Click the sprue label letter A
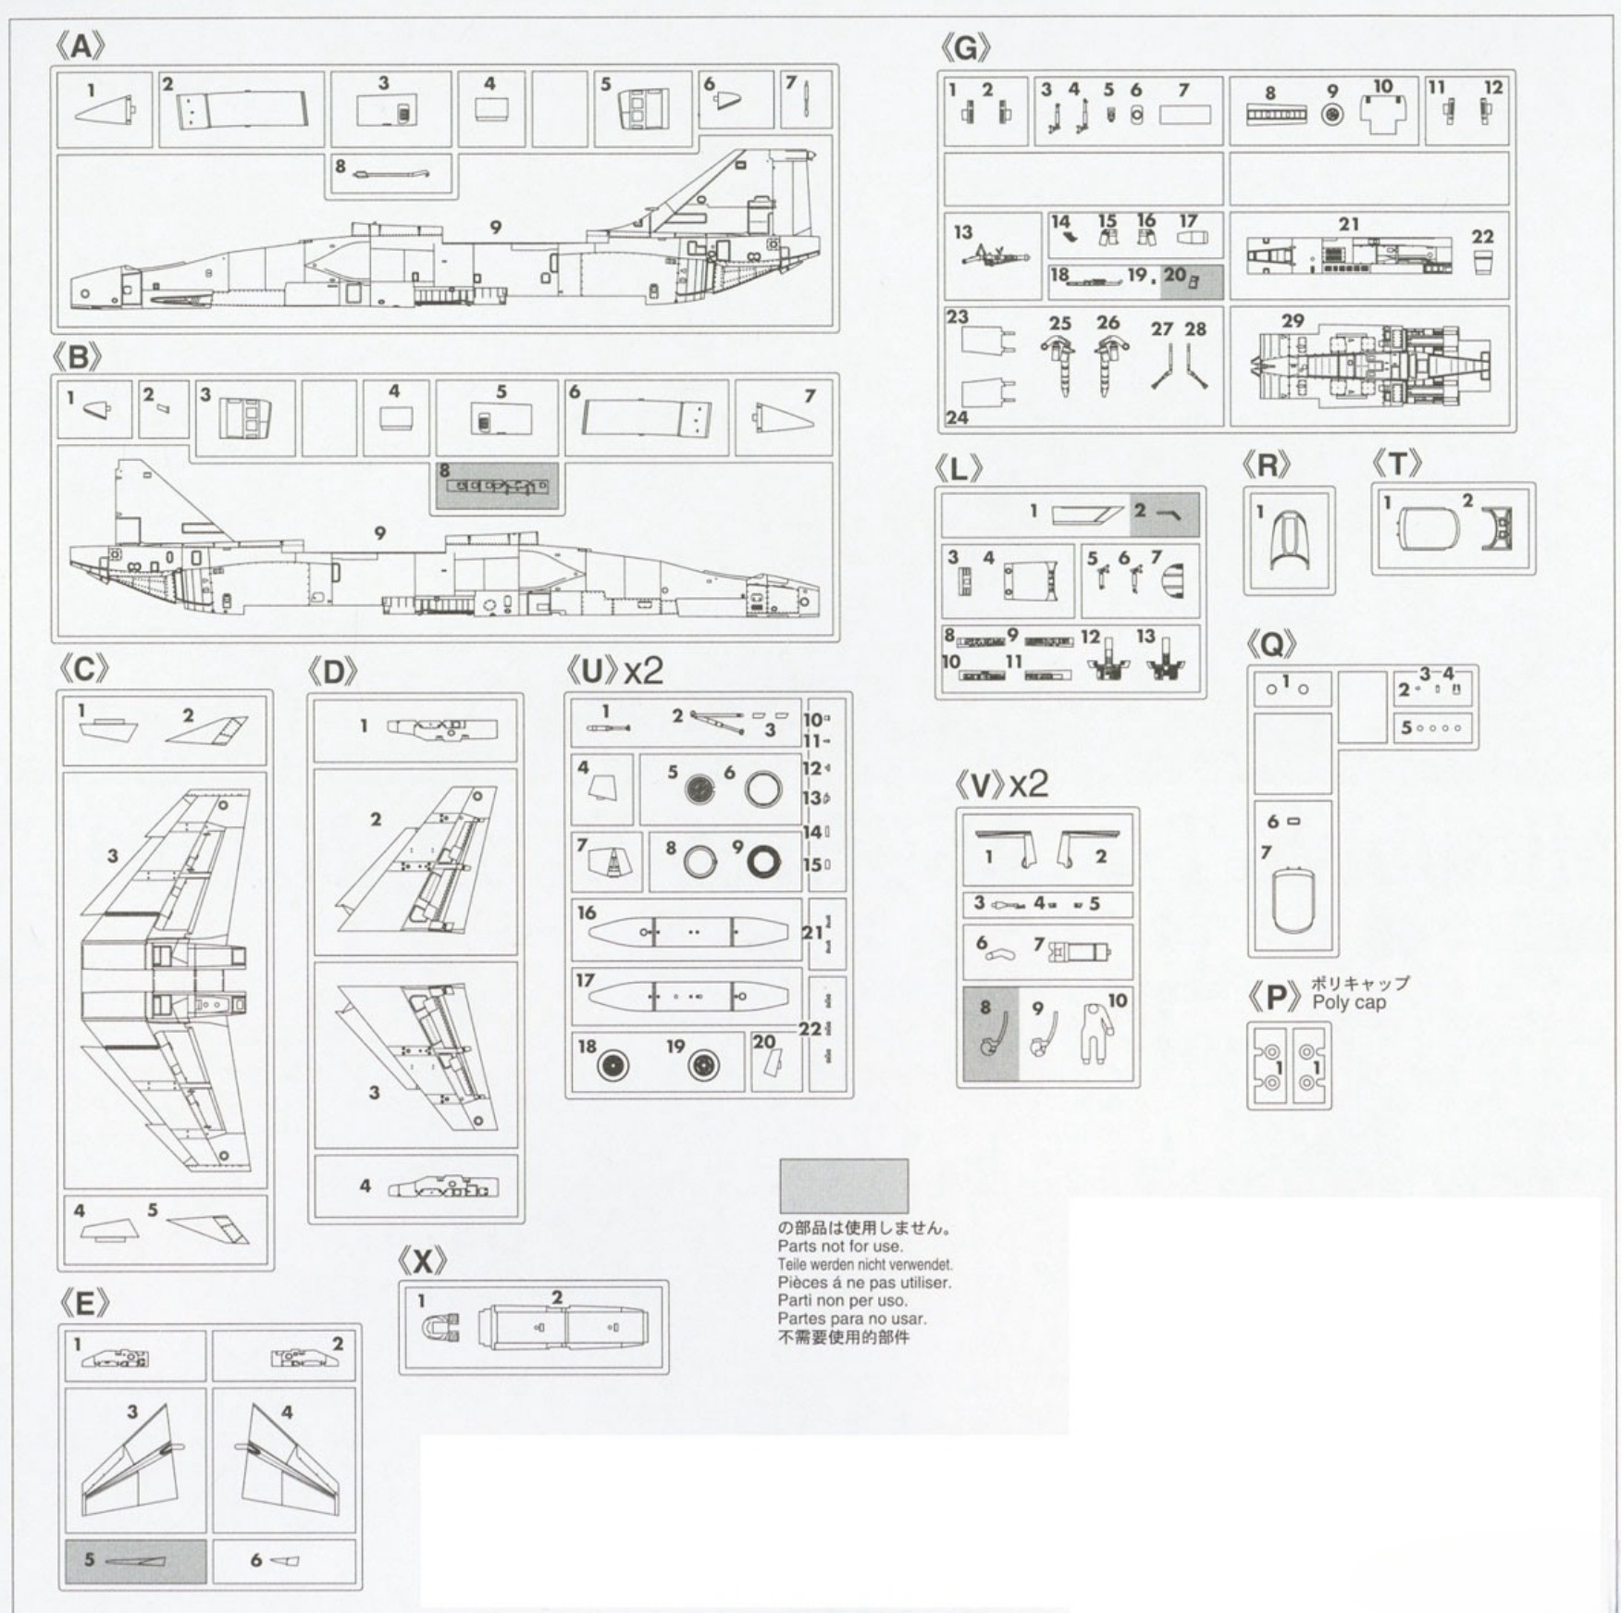click(81, 46)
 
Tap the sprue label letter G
click(965, 47)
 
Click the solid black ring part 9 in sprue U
click(763, 862)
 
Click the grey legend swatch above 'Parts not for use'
click(844, 1185)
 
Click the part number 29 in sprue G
click(1293, 321)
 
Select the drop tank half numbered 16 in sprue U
click(688, 932)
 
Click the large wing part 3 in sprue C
click(167, 981)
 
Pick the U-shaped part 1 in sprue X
click(441, 1328)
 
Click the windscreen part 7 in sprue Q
click(1293, 900)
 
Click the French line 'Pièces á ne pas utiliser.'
click(864, 1283)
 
